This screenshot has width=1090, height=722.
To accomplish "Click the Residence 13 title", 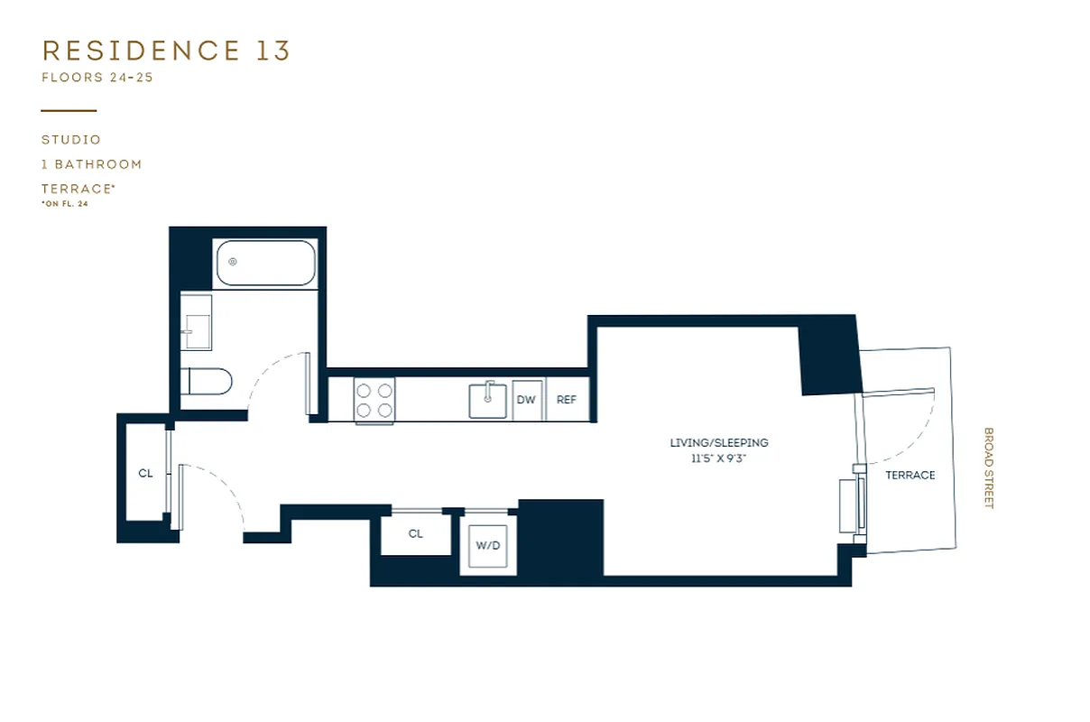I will tap(166, 51).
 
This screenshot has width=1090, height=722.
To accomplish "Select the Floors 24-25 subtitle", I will tap(97, 78).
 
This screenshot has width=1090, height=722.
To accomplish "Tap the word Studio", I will tap(71, 140).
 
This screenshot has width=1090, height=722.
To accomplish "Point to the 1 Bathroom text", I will tap(92, 164).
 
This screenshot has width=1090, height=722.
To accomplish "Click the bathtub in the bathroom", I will tap(265, 263).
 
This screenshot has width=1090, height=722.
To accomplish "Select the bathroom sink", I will tap(196, 329).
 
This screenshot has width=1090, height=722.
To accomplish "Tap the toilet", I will tap(208, 382).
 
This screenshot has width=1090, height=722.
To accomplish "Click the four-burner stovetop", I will tap(374, 400).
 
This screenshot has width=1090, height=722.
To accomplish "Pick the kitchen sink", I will tap(487, 400).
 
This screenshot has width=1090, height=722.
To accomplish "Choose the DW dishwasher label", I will tap(526, 400).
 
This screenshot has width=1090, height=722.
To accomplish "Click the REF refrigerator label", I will tap(567, 400).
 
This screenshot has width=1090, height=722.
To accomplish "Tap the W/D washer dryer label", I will tap(487, 546).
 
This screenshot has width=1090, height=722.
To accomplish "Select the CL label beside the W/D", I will tap(415, 533).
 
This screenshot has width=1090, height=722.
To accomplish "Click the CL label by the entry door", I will tap(145, 473).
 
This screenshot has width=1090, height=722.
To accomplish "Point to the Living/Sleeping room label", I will tap(719, 443).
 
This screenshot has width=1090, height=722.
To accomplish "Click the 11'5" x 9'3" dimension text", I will tap(719, 458).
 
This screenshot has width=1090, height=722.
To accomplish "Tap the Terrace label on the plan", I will tap(910, 475).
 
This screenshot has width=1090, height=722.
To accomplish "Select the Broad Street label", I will tap(988, 467).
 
